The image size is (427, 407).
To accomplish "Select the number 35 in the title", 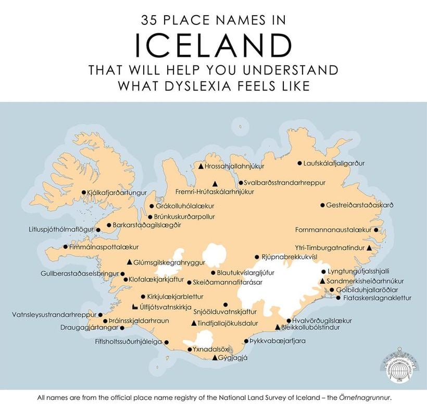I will [150, 20].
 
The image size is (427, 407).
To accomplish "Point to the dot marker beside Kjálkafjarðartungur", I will [84, 192].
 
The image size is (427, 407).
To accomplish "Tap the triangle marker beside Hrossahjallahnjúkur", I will [201, 167].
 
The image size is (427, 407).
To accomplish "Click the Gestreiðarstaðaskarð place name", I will [359, 205].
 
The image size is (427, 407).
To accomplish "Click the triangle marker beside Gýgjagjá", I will [215, 358].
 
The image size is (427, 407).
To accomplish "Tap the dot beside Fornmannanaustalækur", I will [376, 230].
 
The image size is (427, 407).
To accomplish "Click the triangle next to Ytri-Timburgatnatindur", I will [369, 248].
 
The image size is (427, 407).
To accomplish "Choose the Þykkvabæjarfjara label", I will [278, 341].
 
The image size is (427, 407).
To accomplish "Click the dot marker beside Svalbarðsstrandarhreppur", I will [241, 183].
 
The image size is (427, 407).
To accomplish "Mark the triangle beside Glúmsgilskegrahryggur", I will [130, 262].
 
